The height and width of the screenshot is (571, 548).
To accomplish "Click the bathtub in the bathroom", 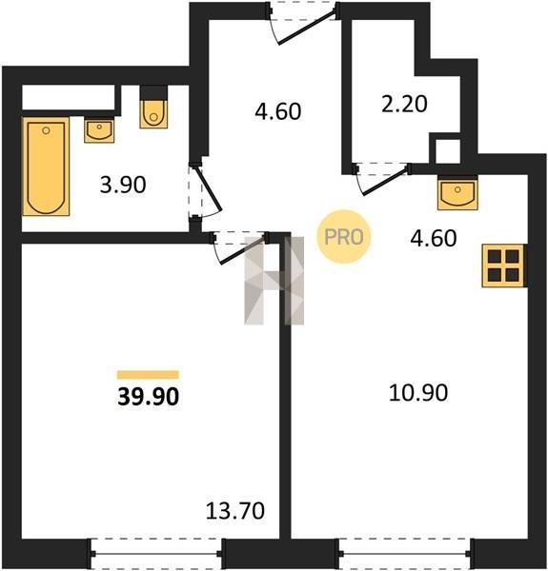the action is pos(46,167).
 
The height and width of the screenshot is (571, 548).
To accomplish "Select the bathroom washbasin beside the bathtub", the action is pos(99,130).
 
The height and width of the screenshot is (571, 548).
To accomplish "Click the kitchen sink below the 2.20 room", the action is pos(458,193).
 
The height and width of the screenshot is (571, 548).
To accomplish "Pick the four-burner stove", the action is pos(504,266).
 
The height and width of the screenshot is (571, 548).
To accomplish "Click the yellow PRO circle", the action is pos(343,237).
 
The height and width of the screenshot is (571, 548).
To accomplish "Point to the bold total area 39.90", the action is pos(149,397).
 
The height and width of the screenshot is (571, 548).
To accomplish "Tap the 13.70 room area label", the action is pos(235,510).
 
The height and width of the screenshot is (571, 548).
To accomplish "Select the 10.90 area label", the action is pos(418,393).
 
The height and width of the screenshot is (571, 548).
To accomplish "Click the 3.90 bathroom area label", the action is pos(123,185).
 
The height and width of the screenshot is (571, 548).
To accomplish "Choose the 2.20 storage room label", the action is pos(404,104).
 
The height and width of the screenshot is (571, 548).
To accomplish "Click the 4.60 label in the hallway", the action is pos(278,111).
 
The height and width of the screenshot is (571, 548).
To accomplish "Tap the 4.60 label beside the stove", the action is pos(434,238).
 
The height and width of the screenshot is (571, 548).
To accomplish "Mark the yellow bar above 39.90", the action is pos(148,375).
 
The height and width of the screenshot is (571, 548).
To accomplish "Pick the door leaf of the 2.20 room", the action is pos(385,182).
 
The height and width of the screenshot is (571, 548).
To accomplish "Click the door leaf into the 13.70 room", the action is pos(243,249).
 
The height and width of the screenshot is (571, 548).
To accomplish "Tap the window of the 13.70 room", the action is pos(156,554).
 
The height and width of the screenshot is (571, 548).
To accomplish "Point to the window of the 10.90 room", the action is pos(405,554).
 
